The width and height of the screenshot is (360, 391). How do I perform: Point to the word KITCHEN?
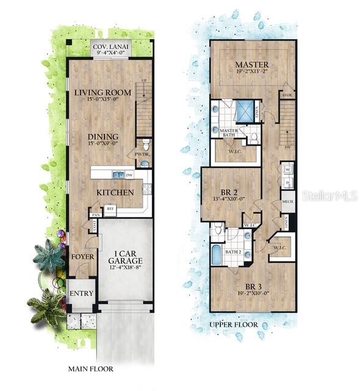coord(115,192)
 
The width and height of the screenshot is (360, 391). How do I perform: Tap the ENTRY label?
coord(81,293)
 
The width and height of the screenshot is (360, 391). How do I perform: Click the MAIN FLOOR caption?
coord(90,369)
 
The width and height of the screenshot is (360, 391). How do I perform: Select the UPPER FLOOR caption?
coord(233,324)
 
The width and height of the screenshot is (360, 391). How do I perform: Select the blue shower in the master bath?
coord(245,110)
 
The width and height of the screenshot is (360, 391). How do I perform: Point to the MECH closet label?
coord(287,201)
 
